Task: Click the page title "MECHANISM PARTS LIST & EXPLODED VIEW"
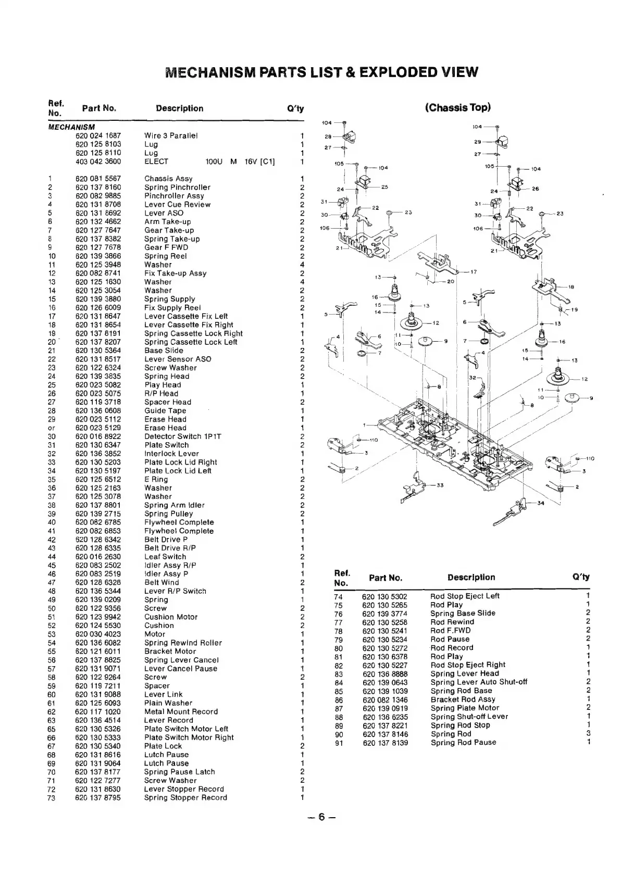coord(321,71)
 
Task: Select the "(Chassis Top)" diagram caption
coord(457,108)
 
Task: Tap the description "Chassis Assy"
coord(168,179)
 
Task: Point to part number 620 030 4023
coord(98,634)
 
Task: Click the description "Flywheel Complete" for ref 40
coord(179,522)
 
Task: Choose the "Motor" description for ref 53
coord(155,634)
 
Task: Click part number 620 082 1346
coord(385,699)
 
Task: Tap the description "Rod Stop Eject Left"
coord(465,596)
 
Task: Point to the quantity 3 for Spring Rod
coord(588,734)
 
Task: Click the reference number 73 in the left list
coord(52,797)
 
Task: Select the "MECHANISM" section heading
coord(71,127)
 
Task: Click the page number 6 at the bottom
coord(321,817)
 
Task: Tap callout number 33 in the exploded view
coord(440,485)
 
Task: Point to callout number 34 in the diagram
coord(540,503)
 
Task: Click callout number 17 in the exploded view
coord(474,272)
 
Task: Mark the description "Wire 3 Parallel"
coord(171,135)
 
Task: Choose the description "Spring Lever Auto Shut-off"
coord(479,682)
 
